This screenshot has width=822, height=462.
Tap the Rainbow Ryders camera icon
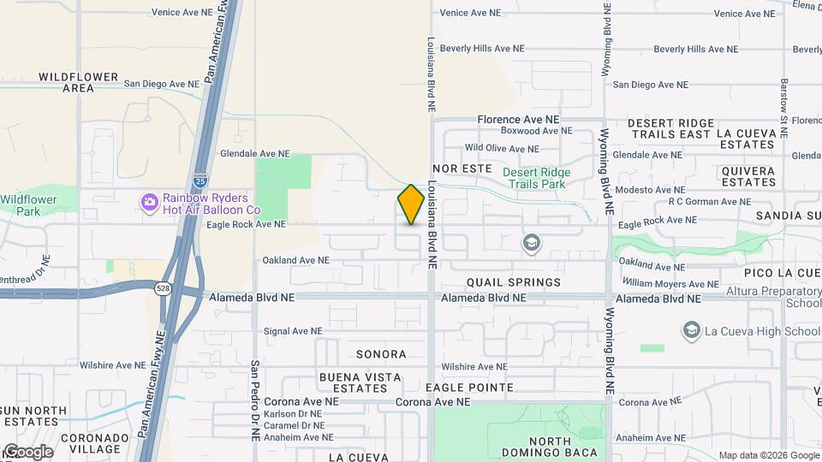(x=150, y=202)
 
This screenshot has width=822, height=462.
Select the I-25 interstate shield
(x=199, y=181)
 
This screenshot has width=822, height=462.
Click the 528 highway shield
(x=163, y=288)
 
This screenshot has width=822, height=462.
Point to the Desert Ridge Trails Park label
(x=536, y=178)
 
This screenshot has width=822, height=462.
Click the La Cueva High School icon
(x=690, y=330)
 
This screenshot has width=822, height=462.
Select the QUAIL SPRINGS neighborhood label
(x=514, y=282)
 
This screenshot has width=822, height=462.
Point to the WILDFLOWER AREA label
(x=78, y=82)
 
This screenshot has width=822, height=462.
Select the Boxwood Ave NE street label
(x=536, y=131)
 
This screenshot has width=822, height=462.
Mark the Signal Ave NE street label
(x=293, y=331)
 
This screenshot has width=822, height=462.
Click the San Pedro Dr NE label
(x=255, y=400)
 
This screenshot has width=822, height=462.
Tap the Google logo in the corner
(x=27, y=452)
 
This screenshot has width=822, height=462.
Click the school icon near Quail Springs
(x=532, y=244)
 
